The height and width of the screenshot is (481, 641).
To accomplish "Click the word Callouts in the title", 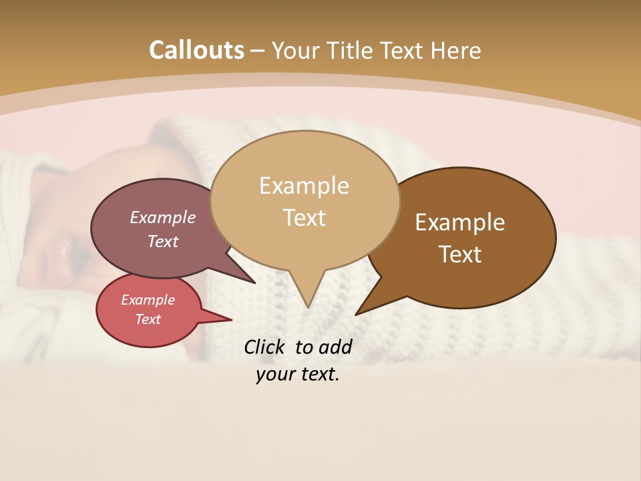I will click(x=196, y=50).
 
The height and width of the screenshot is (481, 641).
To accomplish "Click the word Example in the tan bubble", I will click(x=304, y=186).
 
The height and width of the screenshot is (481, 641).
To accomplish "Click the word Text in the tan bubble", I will click(x=304, y=218).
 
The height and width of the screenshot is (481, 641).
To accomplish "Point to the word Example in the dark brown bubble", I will click(x=460, y=222).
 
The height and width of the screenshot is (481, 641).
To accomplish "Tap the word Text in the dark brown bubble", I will click(x=461, y=255).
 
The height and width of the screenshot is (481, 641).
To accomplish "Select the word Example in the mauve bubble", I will click(x=163, y=218).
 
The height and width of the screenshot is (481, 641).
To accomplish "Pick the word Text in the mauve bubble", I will click(x=163, y=242).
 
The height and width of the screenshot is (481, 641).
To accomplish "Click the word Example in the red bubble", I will click(x=148, y=300).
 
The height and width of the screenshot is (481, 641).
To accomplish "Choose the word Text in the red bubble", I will click(x=148, y=319).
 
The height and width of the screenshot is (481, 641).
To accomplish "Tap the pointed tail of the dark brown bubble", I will click(x=359, y=312).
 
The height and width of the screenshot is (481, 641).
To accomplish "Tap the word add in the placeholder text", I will click(x=335, y=347).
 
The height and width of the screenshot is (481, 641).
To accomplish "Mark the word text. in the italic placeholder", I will click(x=318, y=374).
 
